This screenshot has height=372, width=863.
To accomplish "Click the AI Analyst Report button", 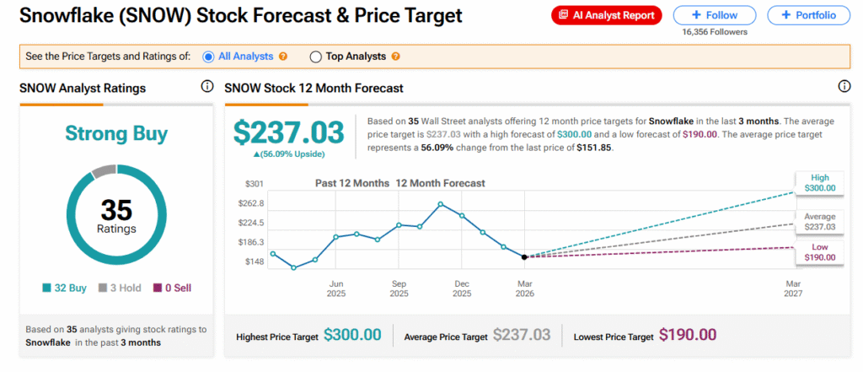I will (607, 15).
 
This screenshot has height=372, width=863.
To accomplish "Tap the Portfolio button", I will (807, 15).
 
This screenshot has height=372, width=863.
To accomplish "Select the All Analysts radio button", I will (209, 57).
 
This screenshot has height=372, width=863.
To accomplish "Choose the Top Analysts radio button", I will (316, 57).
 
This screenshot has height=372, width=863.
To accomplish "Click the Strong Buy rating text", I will (116, 133).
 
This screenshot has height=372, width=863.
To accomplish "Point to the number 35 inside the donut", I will (117, 209).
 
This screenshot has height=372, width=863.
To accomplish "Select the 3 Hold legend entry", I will (121, 288).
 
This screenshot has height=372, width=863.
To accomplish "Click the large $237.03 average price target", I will (288, 132).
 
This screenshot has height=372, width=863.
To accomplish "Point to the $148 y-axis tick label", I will (254, 261).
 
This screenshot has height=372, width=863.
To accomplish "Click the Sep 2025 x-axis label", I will (399, 288).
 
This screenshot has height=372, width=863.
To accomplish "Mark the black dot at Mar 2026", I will (524, 256).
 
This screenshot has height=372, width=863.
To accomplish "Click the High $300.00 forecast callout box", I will (820, 182).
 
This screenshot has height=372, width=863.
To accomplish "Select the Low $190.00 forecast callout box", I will (820, 251).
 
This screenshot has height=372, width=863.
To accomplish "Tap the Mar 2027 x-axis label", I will (793, 288).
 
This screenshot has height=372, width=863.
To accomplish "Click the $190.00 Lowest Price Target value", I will (688, 336).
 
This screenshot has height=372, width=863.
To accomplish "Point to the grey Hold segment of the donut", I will (102, 171).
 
